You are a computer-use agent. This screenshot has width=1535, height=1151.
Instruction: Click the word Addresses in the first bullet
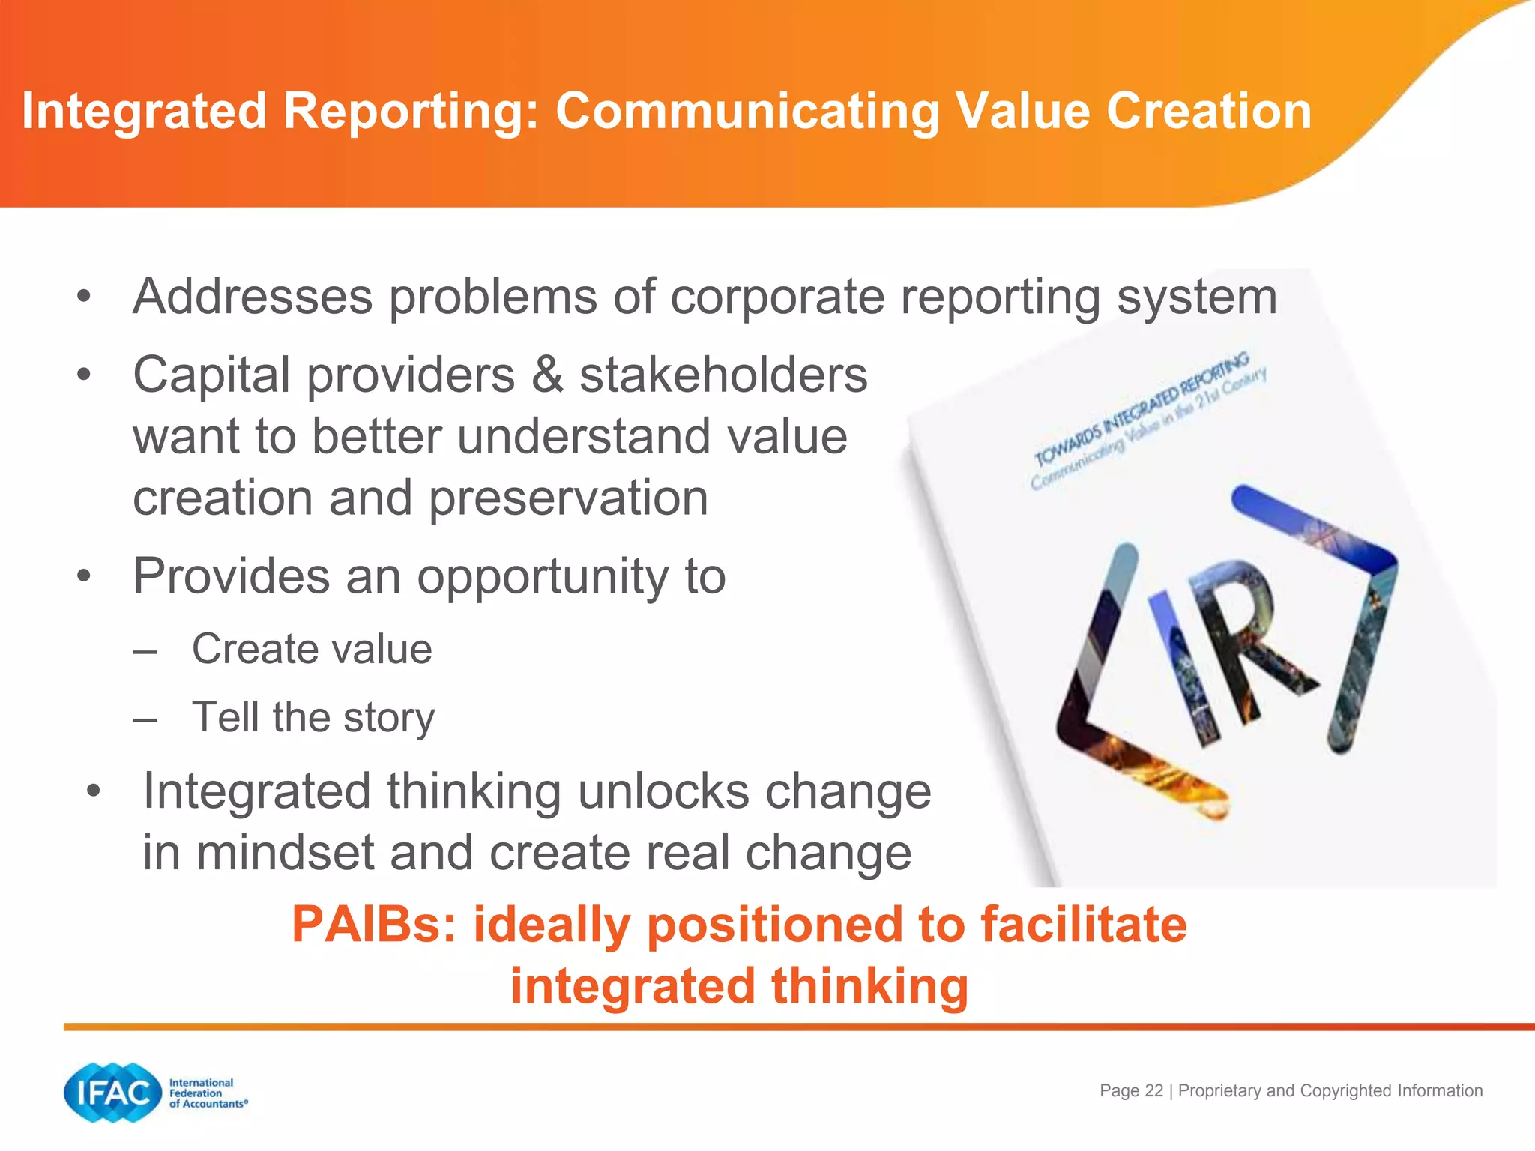[x=253, y=296]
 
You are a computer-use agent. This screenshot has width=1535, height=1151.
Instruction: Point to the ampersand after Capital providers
[x=547, y=375]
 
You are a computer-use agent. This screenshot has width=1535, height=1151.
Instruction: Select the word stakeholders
[x=723, y=375]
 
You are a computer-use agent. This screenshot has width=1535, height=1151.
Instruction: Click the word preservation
[x=568, y=498]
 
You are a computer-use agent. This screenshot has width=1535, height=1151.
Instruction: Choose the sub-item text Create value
[x=312, y=649]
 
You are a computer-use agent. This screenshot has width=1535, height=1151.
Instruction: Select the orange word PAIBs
[x=373, y=924]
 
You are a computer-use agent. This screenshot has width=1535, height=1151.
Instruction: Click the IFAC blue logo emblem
[x=112, y=1093]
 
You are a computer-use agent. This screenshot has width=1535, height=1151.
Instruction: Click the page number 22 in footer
[x=1154, y=1090]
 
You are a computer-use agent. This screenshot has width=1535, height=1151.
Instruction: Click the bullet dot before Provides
[x=84, y=576]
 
